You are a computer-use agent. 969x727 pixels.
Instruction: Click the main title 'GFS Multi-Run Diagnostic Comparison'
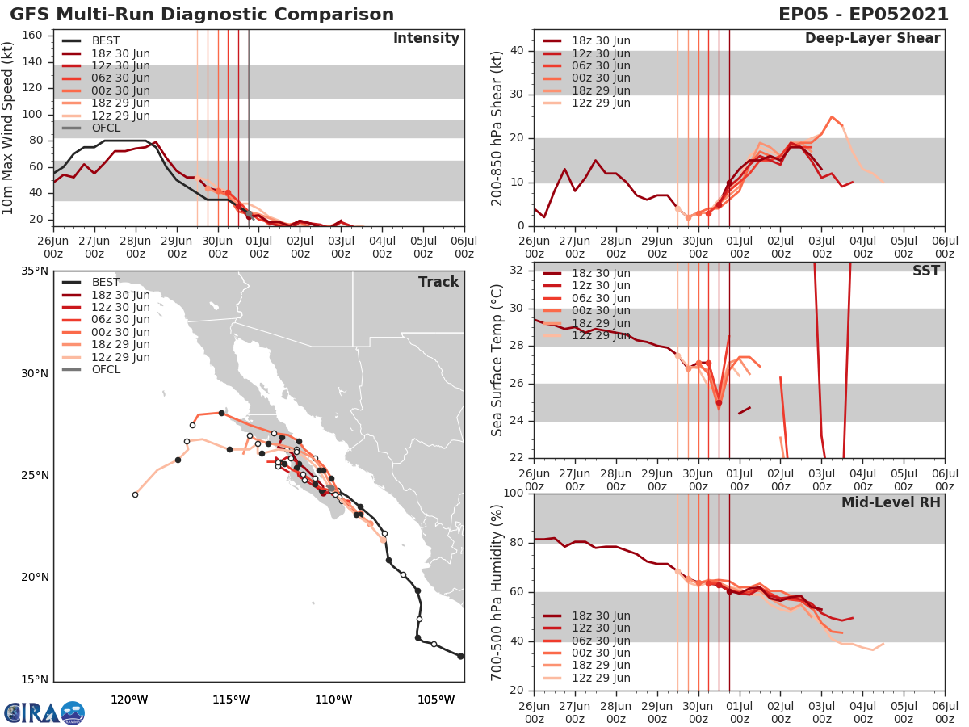click(202, 15)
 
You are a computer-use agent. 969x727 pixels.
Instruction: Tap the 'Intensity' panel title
click(426, 39)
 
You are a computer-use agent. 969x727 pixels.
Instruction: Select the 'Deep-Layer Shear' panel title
click(872, 39)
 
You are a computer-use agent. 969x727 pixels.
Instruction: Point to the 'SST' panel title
click(925, 271)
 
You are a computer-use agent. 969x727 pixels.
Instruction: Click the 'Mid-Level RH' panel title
click(891, 502)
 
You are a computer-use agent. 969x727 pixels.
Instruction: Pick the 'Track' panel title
click(438, 282)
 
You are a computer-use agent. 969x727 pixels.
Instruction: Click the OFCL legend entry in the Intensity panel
click(105, 128)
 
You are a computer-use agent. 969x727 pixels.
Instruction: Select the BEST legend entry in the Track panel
click(105, 283)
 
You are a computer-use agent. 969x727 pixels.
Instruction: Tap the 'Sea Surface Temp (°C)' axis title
click(497, 360)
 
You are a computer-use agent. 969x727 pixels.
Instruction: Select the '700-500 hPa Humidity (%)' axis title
click(497, 592)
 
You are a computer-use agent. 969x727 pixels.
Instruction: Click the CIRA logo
click(44, 712)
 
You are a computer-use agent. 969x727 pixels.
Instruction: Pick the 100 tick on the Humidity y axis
click(514, 494)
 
